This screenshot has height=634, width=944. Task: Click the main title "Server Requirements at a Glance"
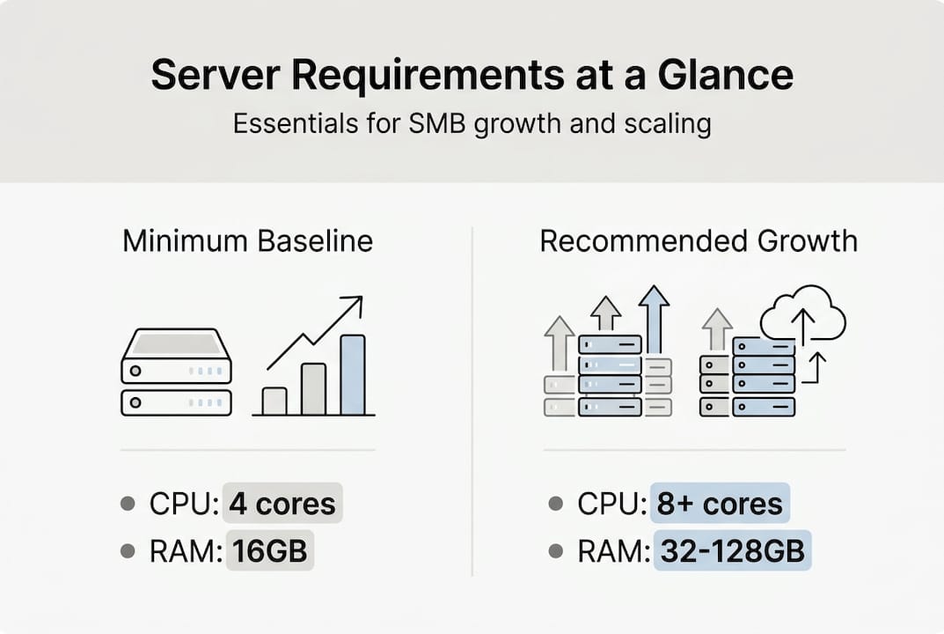tap(472, 76)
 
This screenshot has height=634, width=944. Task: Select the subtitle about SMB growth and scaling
tap(472, 123)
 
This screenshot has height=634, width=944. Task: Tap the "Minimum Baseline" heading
tap(247, 240)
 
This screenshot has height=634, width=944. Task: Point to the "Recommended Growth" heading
tap(699, 240)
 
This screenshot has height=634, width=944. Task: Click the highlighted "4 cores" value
tap(282, 505)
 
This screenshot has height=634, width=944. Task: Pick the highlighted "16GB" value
tap(270, 551)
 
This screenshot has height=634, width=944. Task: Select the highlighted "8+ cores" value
tap(720, 505)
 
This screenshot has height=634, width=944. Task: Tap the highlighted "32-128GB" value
tap(732, 551)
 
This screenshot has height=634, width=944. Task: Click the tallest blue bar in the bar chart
tap(353, 374)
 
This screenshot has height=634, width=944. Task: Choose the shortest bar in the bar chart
tap(274, 401)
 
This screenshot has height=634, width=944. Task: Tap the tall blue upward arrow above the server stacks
tap(654, 317)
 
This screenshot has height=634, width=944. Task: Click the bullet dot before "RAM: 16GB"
tap(128, 551)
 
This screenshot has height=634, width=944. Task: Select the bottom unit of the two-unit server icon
tap(176, 402)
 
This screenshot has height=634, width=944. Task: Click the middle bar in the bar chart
tap(313, 388)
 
